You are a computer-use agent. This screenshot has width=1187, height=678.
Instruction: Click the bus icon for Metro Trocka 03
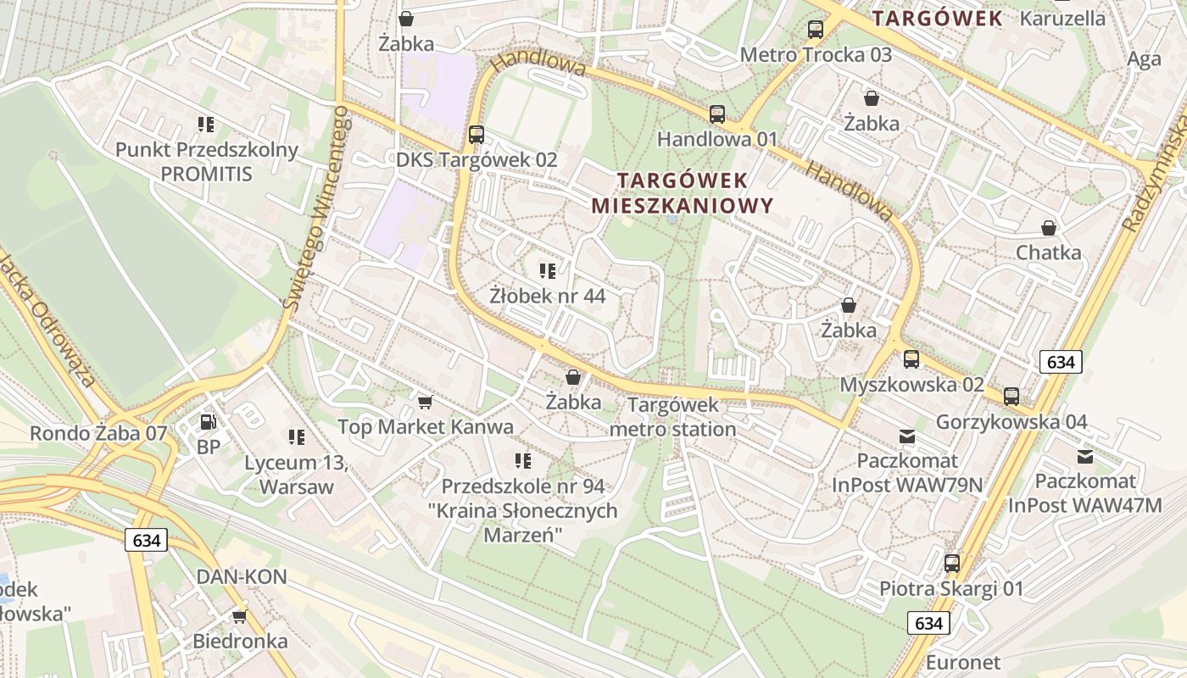pyautogui.click(x=815, y=30)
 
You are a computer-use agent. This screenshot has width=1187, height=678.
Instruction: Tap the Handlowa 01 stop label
pyautogui.click(x=716, y=138)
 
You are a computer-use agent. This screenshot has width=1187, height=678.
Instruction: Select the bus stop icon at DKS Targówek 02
pyautogui.click(x=476, y=135)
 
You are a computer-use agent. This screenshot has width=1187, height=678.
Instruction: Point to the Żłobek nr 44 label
pyautogui.click(x=547, y=296)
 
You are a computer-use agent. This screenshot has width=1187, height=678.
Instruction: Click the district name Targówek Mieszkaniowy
pyautogui.click(x=683, y=192)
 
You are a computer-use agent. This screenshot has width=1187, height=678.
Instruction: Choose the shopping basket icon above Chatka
pyautogui.click(x=1049, y=228)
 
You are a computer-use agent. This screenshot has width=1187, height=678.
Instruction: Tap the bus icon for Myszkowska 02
pyautogui.click(x=911, y=359)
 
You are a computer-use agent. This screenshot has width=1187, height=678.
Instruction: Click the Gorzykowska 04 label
pyautogui.click(x=1011, y=422)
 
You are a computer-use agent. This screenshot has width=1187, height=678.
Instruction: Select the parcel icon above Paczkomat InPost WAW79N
pyautogui.click(x=907, y=436)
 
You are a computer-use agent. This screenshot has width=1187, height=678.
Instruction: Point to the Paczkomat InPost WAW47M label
pyautogui.click(x=1084, y=493)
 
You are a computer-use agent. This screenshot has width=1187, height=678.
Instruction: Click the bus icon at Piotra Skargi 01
pyautogui.click(x=952, y=564)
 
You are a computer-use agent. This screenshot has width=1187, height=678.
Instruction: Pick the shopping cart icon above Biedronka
pyautogui.click(x=240, y=616)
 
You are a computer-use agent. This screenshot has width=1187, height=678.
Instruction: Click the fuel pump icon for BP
pyautogui.click(x=208, y=421)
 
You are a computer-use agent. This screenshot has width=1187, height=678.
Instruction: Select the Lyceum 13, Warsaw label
pyautogui.click(x=296, y=475)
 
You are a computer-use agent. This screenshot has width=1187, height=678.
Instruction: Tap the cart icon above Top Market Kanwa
pyautogui.click(x=425, y=401)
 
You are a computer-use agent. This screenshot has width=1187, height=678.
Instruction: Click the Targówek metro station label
pyautogui.click(x=672, y=417)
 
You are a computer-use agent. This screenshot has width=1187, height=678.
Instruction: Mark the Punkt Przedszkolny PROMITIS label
pyautogui.click(x=207, y=162)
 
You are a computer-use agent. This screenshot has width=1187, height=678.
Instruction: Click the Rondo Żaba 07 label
pyautogui.click(x=98, y=433)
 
